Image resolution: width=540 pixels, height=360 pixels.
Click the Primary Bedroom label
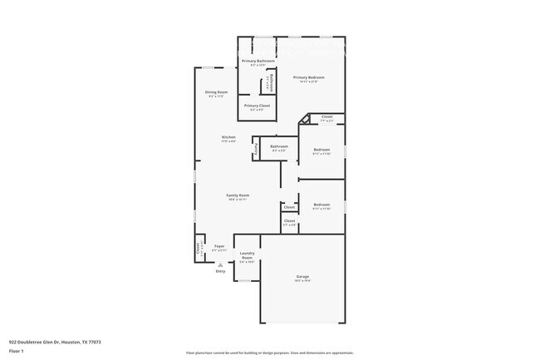click(x=308, y=77)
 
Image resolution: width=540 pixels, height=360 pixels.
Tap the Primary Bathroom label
click(x=258, y=62)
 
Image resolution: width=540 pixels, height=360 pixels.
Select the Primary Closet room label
click(x=257, y=106)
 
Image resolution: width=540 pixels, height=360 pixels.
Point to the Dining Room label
click(x=216, y=92)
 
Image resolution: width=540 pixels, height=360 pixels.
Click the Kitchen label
click(x=228, y=137)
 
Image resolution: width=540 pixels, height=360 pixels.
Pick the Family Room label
click(x=238, y=195)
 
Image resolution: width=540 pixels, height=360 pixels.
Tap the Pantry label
click(x=257, y=148)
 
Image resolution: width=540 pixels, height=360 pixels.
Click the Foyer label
click(x=219, y=247)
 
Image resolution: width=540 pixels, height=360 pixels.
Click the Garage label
click(x=302, y=277)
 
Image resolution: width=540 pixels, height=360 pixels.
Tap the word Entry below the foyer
click(x=220, y=271)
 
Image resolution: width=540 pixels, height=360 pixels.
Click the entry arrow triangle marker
click(x=220, y=264)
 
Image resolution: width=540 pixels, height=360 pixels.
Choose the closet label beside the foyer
click(x=199, y=248)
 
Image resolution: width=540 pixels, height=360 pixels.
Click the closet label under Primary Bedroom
click(x=327, y=117)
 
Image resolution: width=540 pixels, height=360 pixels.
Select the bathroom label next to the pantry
click(x=279, y=147)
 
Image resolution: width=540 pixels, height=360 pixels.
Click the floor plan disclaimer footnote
click(x=269, y=353)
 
